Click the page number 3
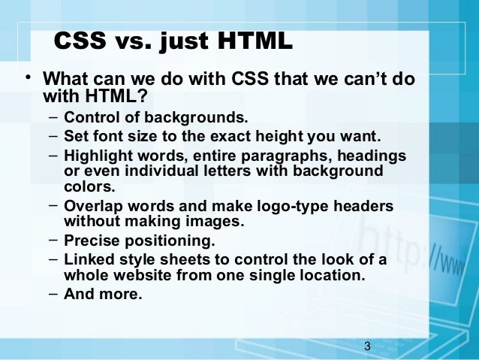[x=366, y=346]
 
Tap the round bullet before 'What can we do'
[x=27, y=79]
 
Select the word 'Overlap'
[x=92, y=207]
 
